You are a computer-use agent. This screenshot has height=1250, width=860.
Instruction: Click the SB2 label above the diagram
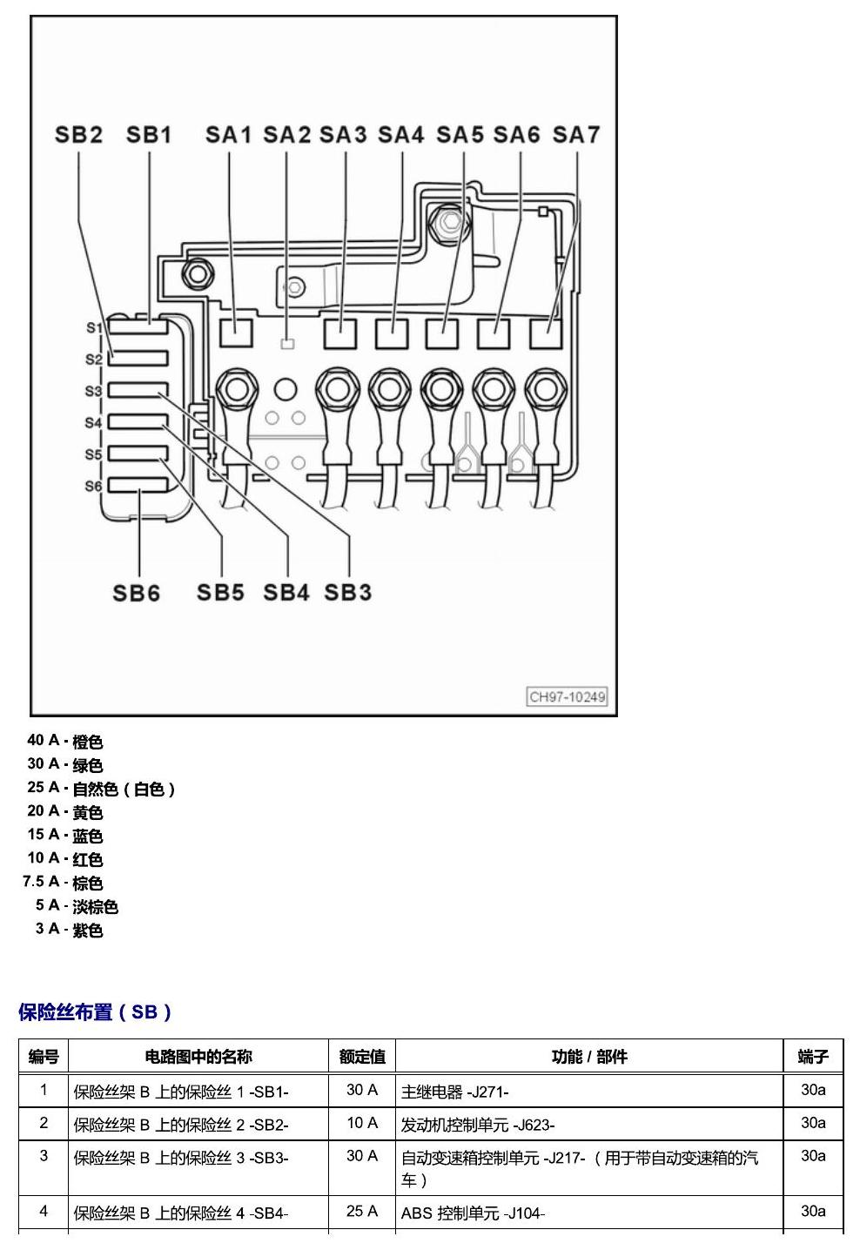pos(78,134)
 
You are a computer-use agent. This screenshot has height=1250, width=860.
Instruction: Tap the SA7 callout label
pos(576,134)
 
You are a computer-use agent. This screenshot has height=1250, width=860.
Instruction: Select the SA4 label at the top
pos(400,134)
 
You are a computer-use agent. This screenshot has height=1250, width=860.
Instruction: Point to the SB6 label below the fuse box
pos(136,593)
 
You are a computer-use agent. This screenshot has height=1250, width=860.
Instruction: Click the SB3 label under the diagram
pos(347,592)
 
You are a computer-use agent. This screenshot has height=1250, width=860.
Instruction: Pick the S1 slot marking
pos(94,327)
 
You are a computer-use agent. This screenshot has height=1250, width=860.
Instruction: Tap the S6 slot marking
pos(93,486)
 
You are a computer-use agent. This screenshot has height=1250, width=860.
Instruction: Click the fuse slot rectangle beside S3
pos(138,389)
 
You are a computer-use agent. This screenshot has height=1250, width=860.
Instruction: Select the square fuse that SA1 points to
pos(236,333)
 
